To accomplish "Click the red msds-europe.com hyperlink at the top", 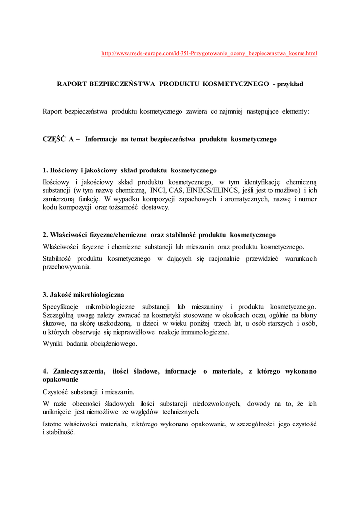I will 209,53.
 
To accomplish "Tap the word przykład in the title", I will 291,84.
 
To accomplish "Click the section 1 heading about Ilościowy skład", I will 129,170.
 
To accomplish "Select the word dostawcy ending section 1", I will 155,207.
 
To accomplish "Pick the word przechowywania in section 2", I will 67,267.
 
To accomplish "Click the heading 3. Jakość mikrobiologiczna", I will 83,295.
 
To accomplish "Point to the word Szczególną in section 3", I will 58,315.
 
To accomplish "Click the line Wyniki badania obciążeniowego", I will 90,344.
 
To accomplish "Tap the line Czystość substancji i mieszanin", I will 89,391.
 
